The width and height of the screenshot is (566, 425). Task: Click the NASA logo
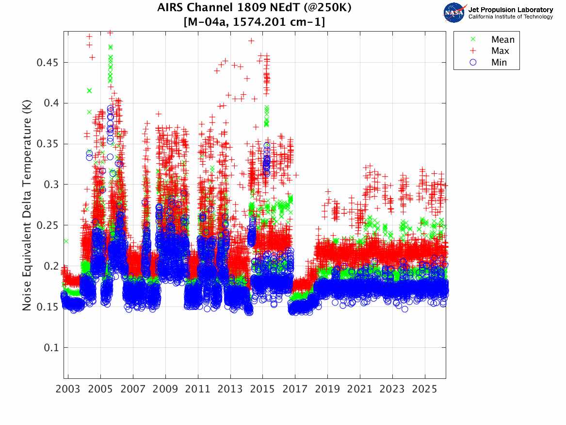tap(454, 13)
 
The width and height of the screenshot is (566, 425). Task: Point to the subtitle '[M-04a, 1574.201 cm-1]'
tap(255, 22)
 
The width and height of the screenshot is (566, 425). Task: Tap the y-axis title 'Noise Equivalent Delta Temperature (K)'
tap(27, 204)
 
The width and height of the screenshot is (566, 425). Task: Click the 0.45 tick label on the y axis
tap(49, 62)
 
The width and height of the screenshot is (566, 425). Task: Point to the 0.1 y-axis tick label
tap(51, 347)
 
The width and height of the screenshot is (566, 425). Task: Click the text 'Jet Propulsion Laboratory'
tap(510, 10)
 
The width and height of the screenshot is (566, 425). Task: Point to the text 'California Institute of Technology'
tap(510, 17)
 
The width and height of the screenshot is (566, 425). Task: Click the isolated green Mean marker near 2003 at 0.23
tap(66, 241)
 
